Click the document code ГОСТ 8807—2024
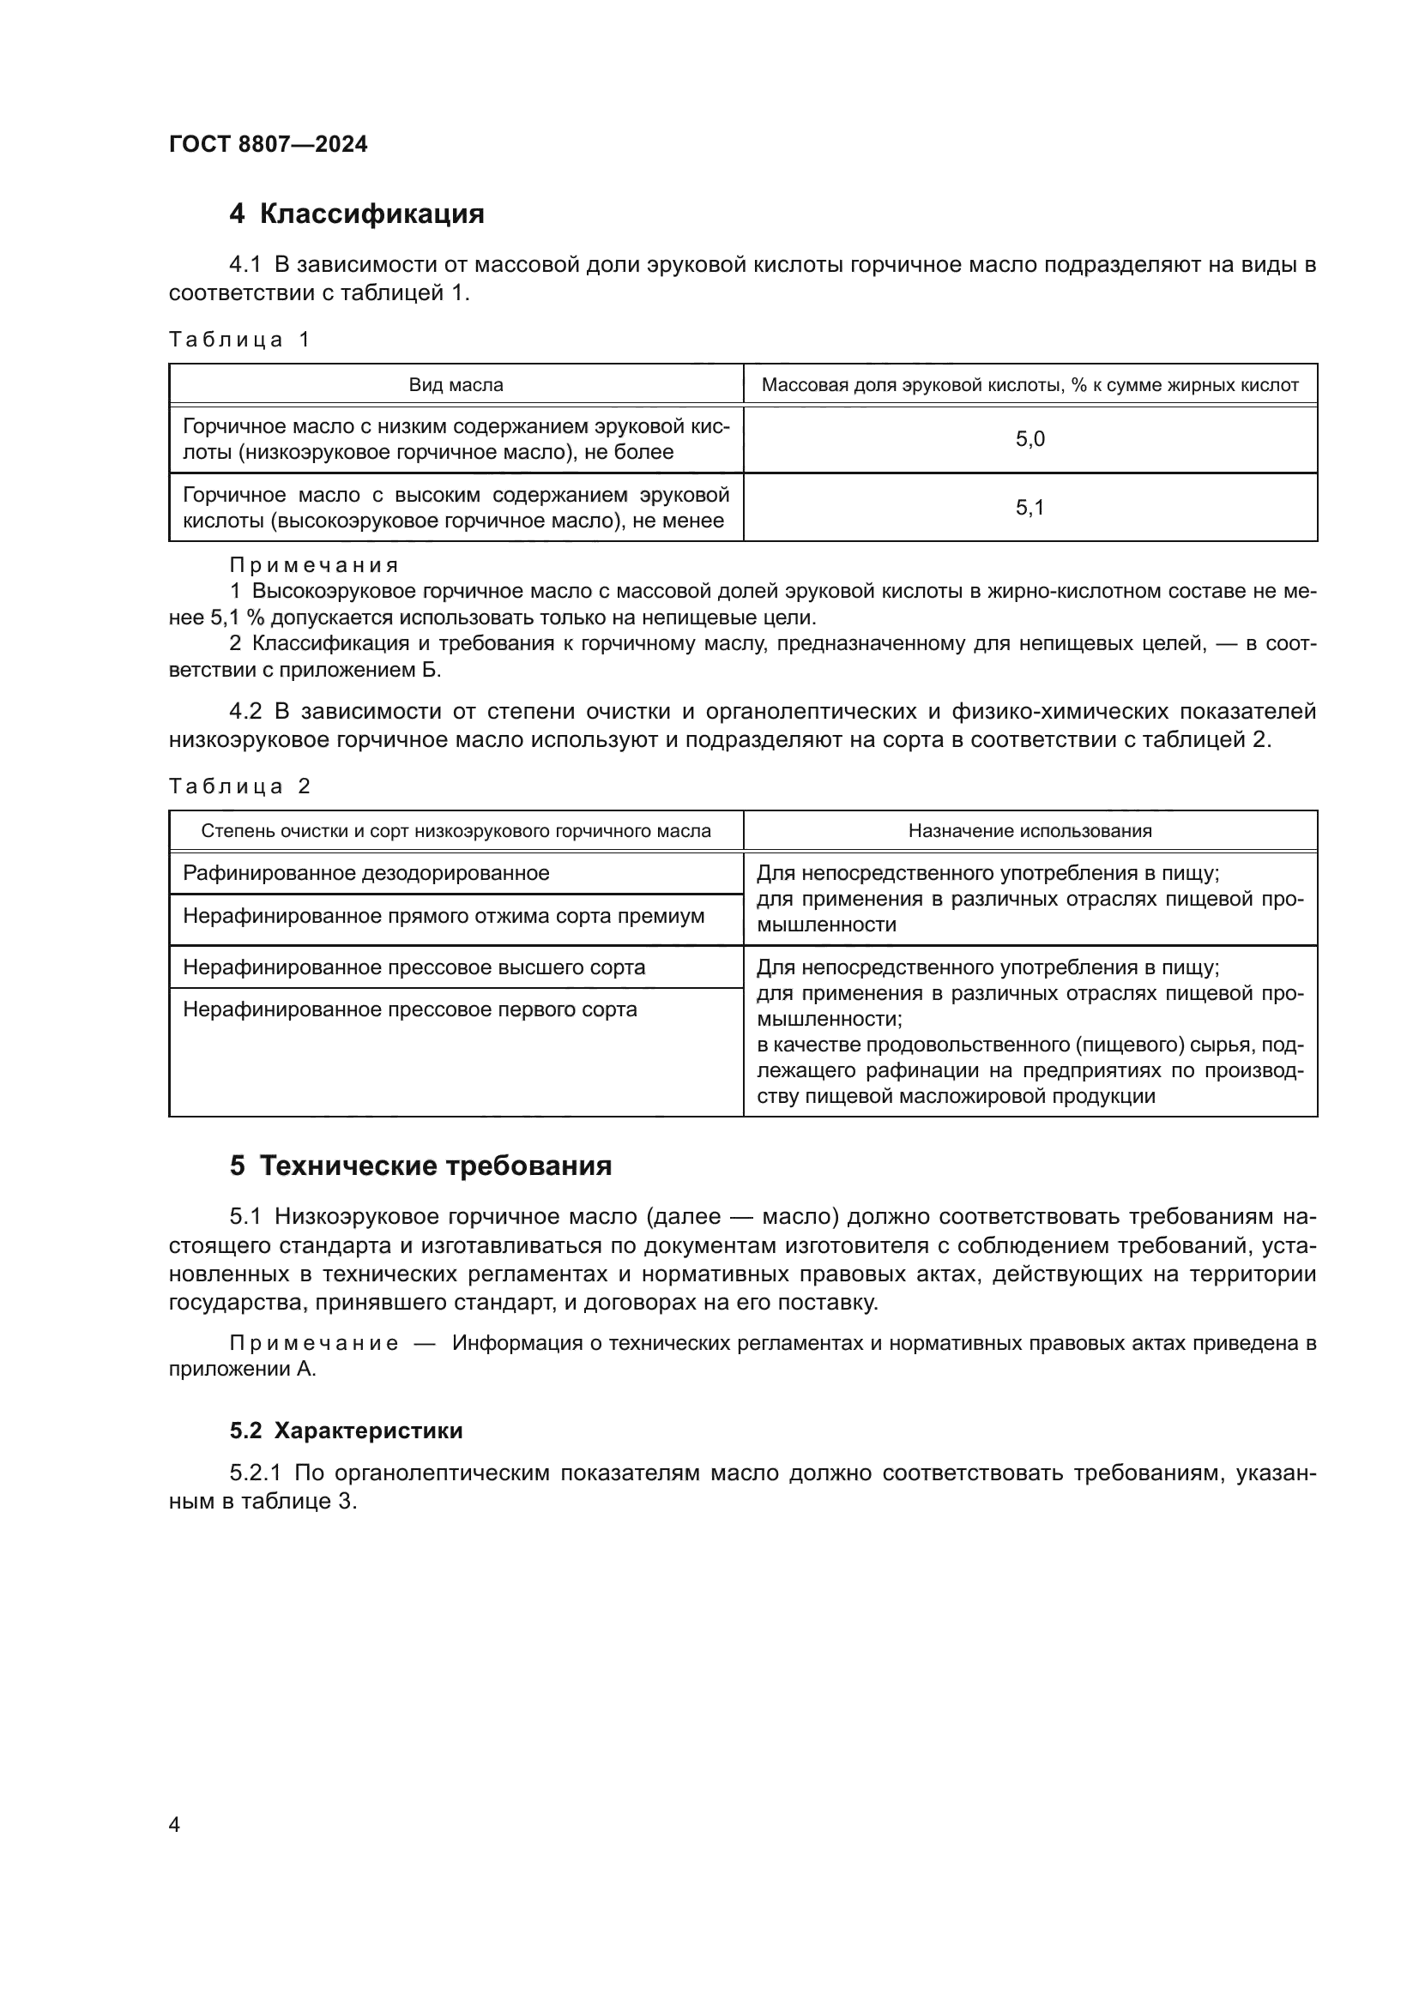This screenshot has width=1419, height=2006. (269, 144)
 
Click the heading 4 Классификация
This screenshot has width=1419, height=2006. (357, 214)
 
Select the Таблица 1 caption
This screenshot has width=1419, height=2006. (239, 339)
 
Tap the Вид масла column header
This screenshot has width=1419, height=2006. (456, 384)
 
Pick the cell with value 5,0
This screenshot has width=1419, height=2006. (1030, 438)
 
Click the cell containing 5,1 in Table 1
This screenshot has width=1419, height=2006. (1030, 508)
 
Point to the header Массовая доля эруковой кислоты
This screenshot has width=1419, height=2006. (1030, 384)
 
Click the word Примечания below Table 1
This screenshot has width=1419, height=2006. (314, 565)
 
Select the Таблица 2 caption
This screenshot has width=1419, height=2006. (239, 786)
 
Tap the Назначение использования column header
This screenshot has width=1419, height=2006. (1030, 831)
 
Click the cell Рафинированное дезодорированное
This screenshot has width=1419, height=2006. (366, 873)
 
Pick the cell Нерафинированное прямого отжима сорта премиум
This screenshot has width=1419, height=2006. (443, 916)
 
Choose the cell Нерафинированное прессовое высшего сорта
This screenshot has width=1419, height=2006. (414, 967)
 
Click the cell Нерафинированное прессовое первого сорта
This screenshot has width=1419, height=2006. (410, 1009)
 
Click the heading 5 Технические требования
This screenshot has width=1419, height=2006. (420, 1166)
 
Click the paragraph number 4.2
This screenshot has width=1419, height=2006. (245, 711)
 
